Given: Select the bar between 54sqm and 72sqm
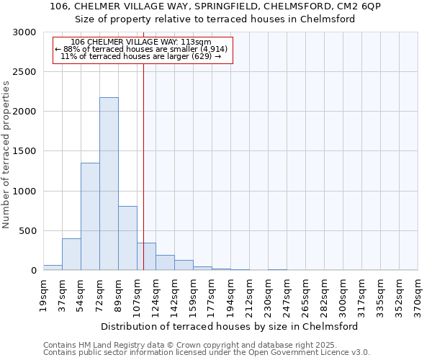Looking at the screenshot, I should (90, 216).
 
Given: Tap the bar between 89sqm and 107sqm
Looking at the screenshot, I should (127, 238).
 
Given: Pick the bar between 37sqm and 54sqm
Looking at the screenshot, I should (71, 254).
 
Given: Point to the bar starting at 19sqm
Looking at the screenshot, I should (53, 267).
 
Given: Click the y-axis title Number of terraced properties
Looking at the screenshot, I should (6, 155).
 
